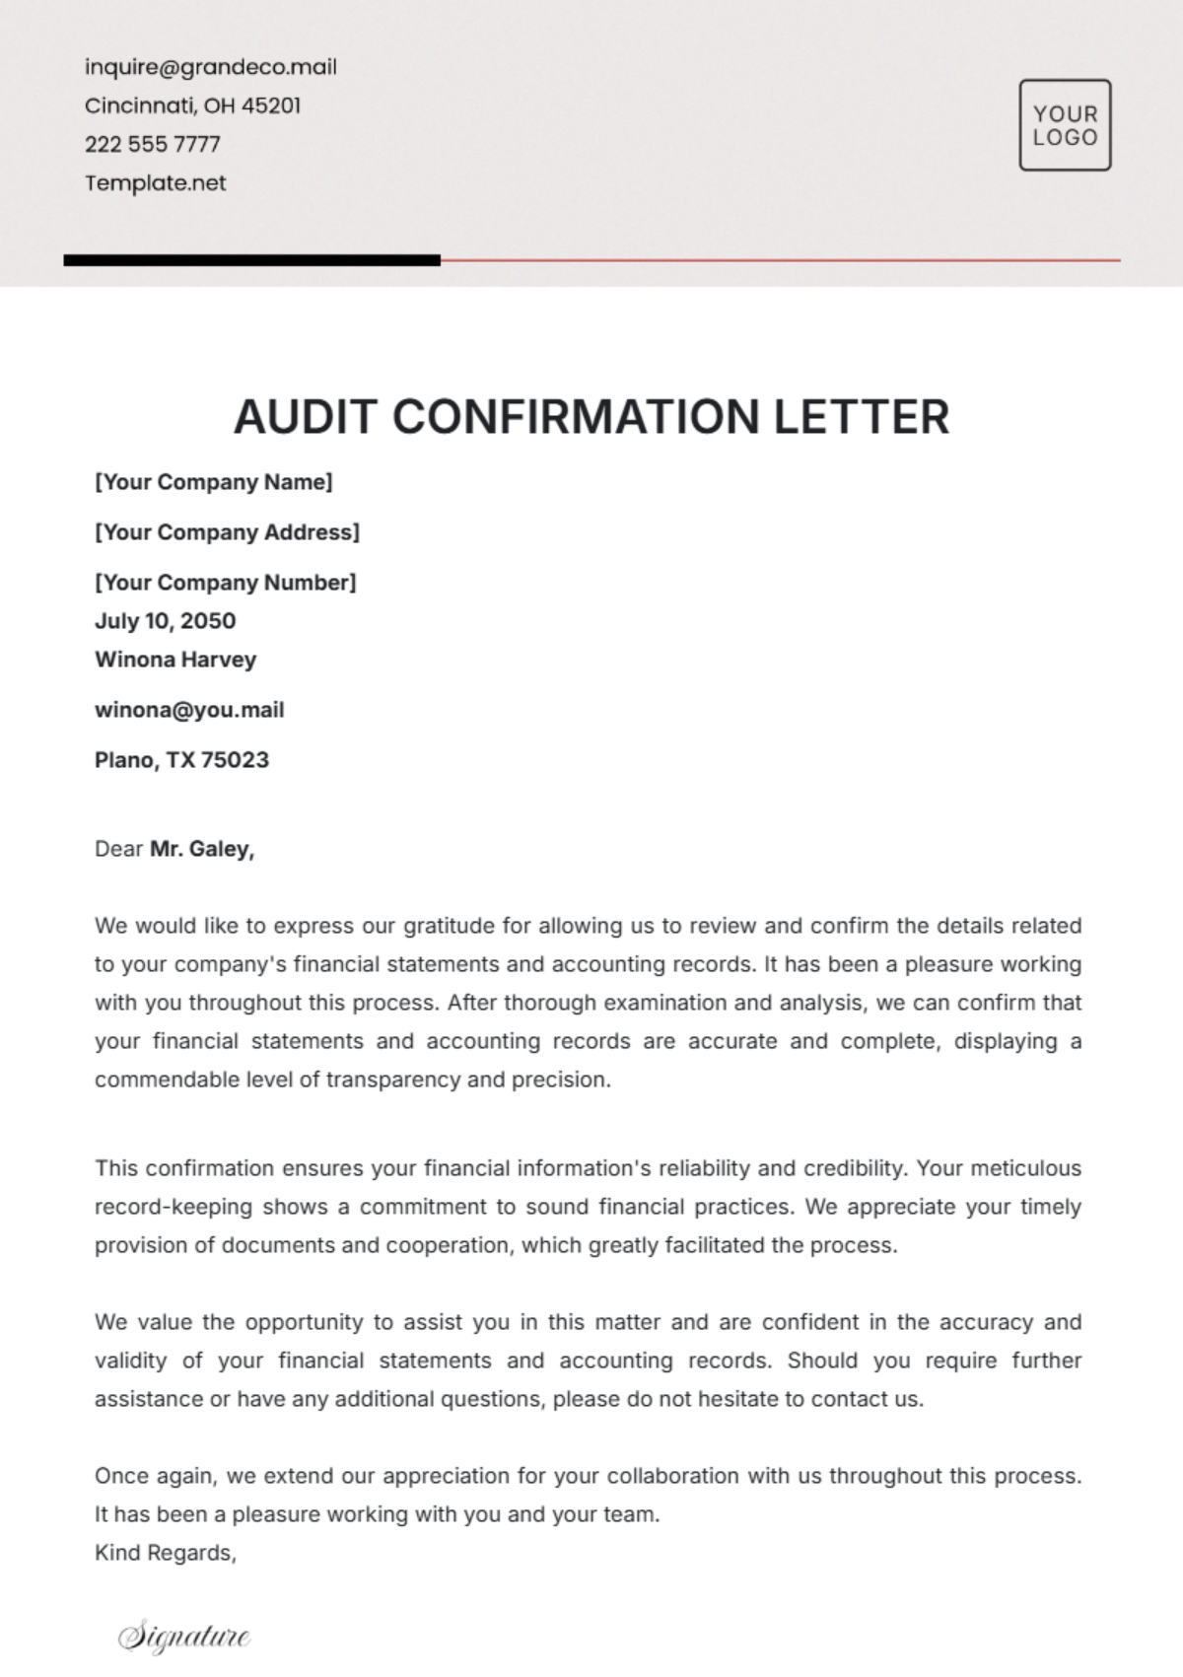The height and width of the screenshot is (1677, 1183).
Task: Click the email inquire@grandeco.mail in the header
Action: point(210,67)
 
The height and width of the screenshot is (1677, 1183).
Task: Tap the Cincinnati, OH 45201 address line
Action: point(192,105)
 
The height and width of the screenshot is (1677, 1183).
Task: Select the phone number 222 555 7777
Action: point(152,144)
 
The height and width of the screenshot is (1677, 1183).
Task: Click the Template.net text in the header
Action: point(155,182)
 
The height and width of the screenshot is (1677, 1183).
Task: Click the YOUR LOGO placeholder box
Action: point(1065,125)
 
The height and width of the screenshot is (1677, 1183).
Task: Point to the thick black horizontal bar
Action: point(251,260)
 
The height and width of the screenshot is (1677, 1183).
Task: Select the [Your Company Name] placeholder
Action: point(213,482)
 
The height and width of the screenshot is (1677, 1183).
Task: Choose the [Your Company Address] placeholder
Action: point(227,532)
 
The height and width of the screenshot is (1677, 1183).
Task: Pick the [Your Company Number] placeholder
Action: point(225,583)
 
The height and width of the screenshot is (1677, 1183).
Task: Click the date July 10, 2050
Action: point(165,621)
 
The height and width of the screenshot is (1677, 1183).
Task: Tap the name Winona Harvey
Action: point(175,660)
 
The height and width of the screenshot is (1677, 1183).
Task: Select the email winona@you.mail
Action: point(189,710)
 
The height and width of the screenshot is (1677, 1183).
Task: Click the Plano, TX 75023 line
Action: point(181,760)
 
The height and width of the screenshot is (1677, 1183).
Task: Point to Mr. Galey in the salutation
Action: point(201,849)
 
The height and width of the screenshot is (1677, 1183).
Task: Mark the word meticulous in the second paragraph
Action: point(1026,1168)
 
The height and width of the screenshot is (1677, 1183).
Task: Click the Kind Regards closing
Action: point(165,1553)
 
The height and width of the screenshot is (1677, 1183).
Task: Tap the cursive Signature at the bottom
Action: point(184,1637)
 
